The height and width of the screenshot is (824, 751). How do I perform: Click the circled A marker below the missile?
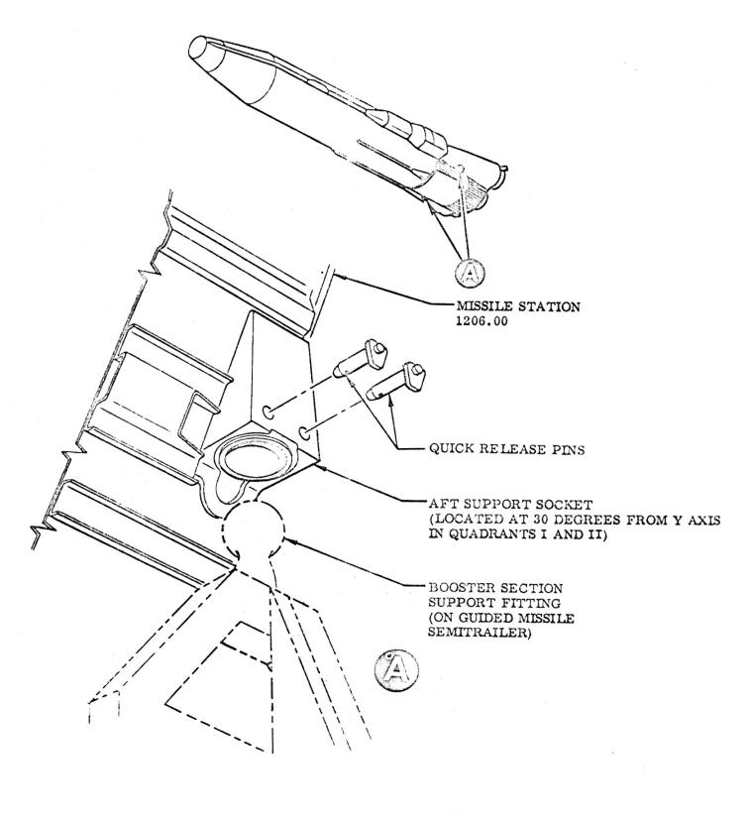(470, 273)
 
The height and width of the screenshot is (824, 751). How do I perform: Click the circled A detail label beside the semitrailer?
(396, 670)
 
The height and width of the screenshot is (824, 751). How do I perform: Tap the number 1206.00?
(483, 321)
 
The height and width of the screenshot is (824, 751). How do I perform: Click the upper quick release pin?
(361, 360)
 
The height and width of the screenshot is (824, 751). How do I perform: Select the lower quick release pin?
(395, 383)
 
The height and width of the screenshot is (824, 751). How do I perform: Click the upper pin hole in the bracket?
(268, 412)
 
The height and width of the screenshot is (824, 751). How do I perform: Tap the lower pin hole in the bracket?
(304, 434)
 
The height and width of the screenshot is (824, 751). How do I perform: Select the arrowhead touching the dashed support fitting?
(291, 540)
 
